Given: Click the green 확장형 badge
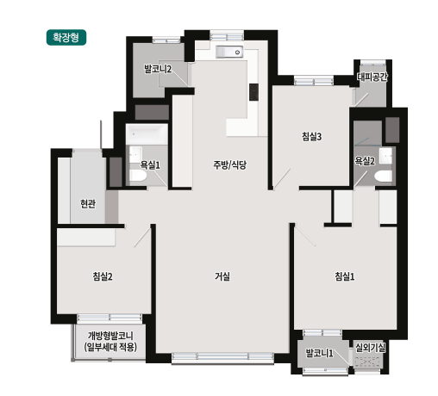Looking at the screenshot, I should pyautogui.click(x=66, y=39).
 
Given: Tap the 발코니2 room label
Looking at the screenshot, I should pyautogui.click(x=157, y=69).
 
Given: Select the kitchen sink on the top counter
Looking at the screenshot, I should pyautogui.click(x=230, y=53).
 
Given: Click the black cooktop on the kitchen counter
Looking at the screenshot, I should pyautogui.click(x=253, y=91).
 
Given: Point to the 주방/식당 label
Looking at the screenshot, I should pyautogui.click(x=230, y=164).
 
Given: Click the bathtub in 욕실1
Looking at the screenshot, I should pyautogui.click(x=146, y=134).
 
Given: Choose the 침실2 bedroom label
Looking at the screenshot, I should pyautogui.click(x=103, y=276).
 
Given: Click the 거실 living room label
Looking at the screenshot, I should pyautogui.click(x=222, y=276).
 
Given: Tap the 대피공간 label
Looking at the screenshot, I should pyautogui.click(x=372, y=77).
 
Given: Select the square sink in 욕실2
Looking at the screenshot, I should pyautogui.click(x=385, y=155).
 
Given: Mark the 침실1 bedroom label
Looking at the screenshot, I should pyautogui.click(x=346, y=276).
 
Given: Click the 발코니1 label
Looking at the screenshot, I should pyautogui.click(x=320, y=353).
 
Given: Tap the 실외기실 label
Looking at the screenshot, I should pyautogui.click(x=371, y=347).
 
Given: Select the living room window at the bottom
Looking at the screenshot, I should pyautogui.click(x=222, y=357).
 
